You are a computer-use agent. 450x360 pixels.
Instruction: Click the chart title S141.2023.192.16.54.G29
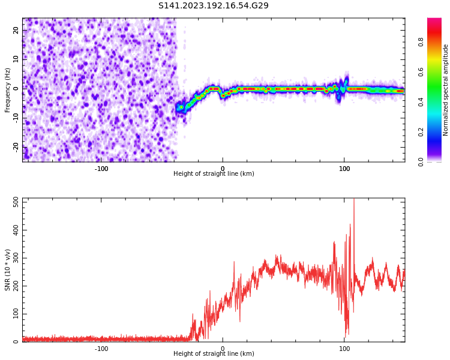coord(214,6)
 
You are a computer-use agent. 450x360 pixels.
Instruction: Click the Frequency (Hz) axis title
coord(8,89)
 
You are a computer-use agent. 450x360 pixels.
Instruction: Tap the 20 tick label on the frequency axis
coord(17,31)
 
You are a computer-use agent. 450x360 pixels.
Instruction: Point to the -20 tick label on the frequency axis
coord(16,146)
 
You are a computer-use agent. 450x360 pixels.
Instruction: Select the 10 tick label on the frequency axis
coord(17,59)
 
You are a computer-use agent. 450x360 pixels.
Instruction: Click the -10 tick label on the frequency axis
coord(16,118)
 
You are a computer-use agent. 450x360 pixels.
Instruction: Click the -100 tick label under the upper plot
coord(101,168)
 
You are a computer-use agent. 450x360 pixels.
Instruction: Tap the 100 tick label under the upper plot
coord(344,168)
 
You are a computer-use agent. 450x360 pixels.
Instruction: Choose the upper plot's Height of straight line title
coord(214,174)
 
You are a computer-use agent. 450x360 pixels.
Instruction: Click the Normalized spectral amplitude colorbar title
coord(446,89)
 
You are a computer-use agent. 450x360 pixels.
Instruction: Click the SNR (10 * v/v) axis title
coord(8,269)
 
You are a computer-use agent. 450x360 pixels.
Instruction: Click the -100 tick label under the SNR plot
coord(101,349)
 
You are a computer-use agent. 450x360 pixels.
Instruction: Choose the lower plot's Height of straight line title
coord(214,354)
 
